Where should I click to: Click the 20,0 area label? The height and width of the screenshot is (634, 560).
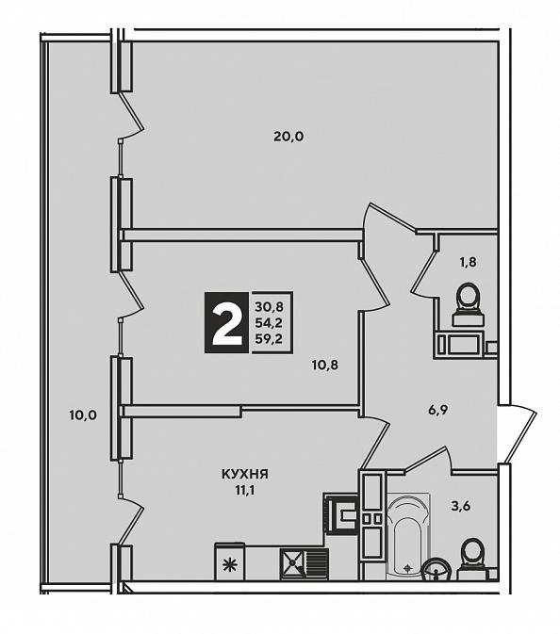point(288,138)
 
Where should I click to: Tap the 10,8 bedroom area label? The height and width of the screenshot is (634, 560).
point(325,366)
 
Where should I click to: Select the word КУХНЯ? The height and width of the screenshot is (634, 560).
point(245,474)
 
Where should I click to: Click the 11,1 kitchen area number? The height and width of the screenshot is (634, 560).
point(246,491)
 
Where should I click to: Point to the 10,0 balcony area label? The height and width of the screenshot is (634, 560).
point(83,415)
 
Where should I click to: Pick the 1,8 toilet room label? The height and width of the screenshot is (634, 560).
point(468,263)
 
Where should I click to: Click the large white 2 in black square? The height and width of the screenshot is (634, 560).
point(226,322)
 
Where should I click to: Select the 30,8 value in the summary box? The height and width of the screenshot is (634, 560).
point(269,307)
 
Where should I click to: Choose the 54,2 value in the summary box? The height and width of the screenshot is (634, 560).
point(269,323)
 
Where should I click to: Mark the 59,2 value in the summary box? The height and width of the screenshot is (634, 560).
point(269,338)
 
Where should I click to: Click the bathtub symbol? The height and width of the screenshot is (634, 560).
point(408,536)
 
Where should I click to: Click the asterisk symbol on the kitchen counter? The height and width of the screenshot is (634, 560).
point(230,563)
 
